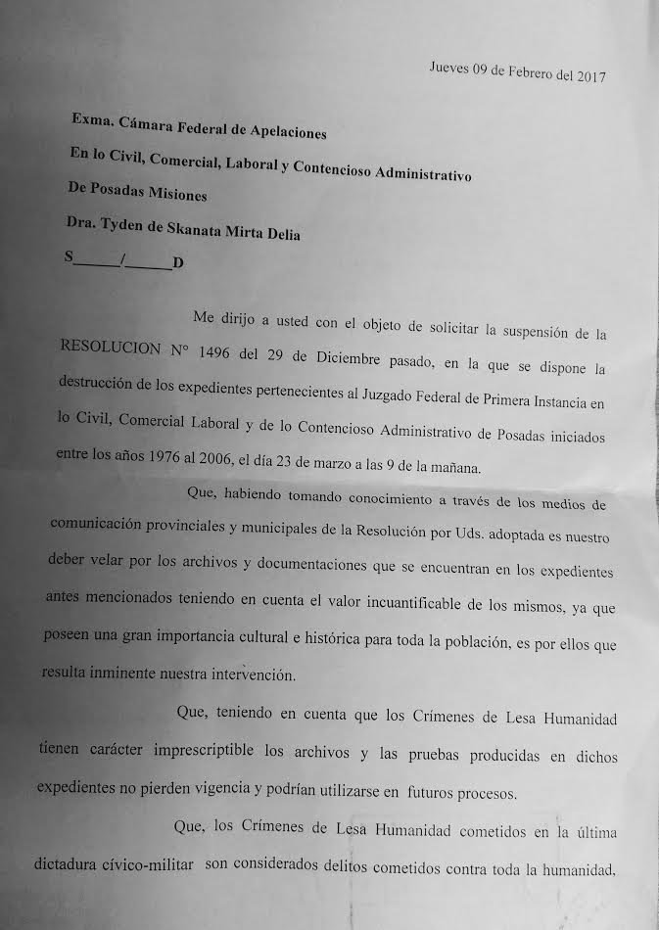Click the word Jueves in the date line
(x=449, y=69)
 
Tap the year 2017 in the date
(x=588, y=77)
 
